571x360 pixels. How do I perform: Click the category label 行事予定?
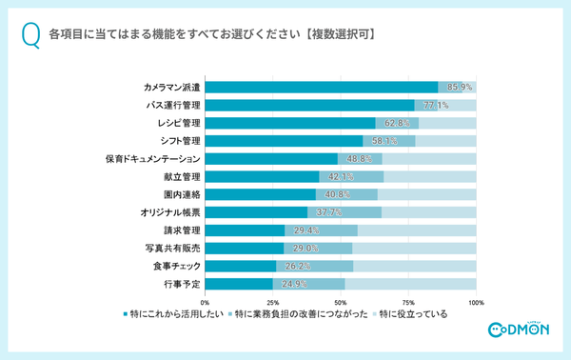coord(181,283)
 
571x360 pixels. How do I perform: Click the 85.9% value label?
coord(461,88)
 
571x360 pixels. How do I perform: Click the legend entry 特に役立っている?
coord(412,313)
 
